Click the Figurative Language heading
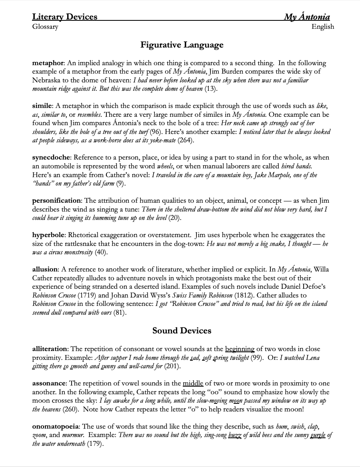point(182,45)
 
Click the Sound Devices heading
point(182,331)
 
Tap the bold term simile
point(42,106)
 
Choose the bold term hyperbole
point(49,235)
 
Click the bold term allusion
point(45,269)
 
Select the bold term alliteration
point(50,349)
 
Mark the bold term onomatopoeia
point(55,427)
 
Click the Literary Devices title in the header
point(65,17)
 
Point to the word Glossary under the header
point(45,27)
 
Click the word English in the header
point(323,27)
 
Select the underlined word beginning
point(240,349)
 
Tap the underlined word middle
point(193,383)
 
